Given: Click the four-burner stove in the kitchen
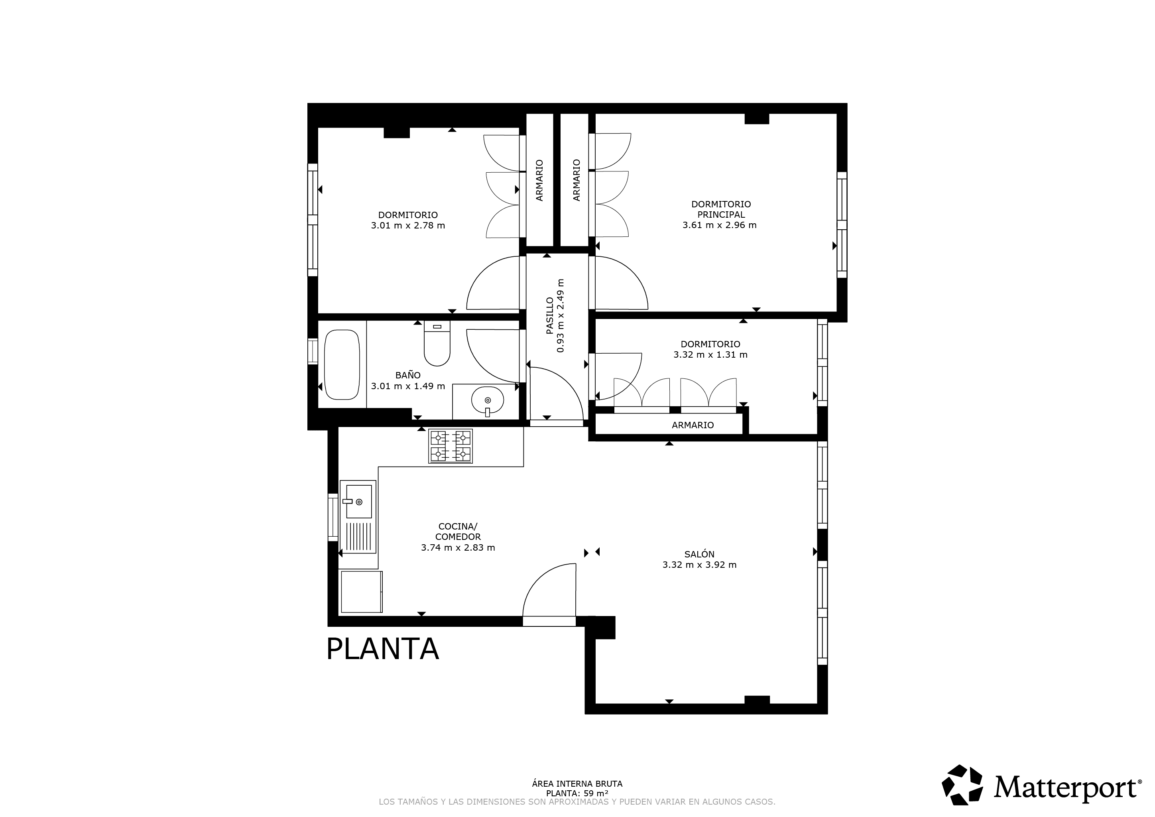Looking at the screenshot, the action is (450, 446).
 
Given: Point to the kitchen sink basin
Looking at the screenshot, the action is (359, 502).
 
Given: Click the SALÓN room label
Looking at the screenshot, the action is (699, 554).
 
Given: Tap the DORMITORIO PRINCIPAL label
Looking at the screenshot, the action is (721, 209).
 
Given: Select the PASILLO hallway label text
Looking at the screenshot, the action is (550, 315).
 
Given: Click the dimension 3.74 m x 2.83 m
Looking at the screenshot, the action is (458, 548).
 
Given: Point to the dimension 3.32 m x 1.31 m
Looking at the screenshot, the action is (710, 354).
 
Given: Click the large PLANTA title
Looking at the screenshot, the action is (382, 649).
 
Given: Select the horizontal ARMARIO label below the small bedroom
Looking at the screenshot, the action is (693, 425).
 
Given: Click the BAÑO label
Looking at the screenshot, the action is (408, 375).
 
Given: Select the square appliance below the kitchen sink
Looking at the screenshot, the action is (361, 592).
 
